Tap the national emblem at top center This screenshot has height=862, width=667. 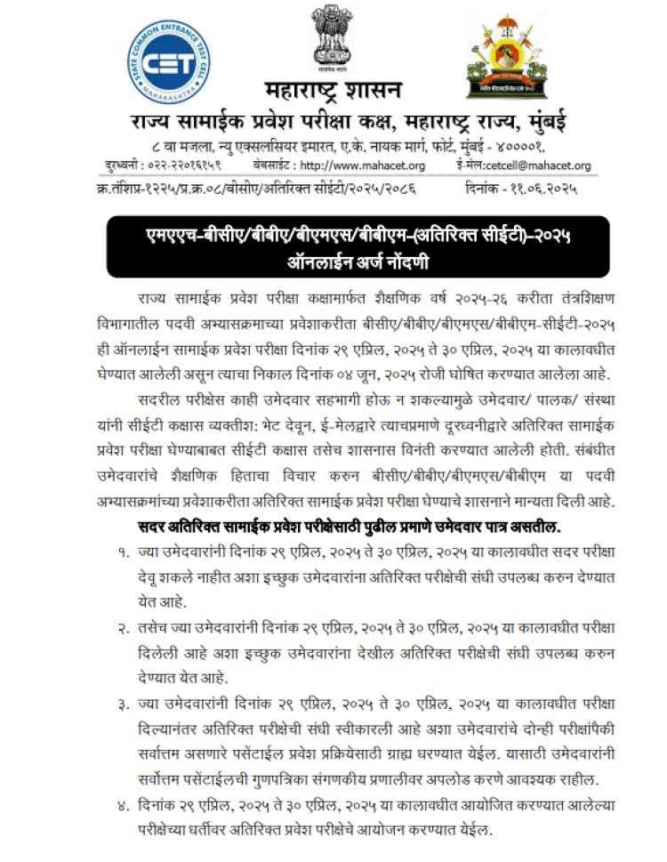(x=333, y=40)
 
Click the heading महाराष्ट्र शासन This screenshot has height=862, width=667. (x=333, y=91)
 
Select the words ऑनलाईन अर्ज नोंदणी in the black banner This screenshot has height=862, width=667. (x=333, y=262)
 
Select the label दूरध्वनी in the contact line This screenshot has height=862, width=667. (x=112, y=165)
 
